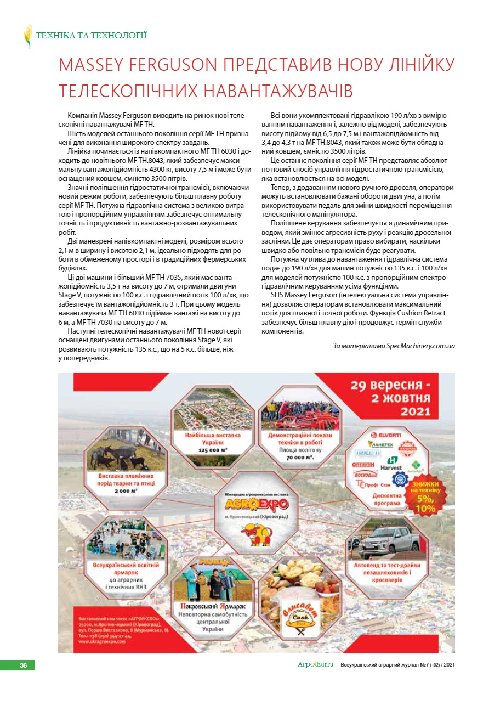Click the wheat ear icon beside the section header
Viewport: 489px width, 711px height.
[27, 36]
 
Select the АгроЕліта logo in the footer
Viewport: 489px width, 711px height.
[315, 665]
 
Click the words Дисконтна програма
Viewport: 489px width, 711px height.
[388, 498]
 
